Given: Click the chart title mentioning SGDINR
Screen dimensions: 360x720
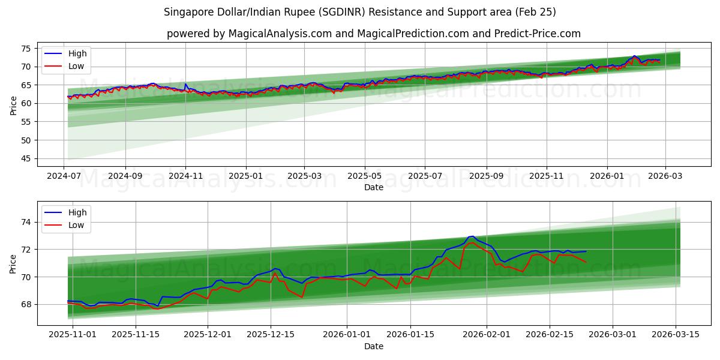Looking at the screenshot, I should point(359,12).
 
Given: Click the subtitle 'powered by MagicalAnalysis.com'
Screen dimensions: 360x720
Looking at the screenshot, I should point(373,34).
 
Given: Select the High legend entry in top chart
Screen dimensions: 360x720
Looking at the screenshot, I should point(77,53).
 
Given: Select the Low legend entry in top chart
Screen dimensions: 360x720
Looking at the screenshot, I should point(76,66).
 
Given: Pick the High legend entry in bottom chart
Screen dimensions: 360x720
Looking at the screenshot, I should point(77,212).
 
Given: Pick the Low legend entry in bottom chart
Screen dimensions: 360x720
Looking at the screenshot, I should point(76,225).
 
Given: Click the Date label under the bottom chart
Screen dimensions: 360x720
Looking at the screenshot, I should point(373,346).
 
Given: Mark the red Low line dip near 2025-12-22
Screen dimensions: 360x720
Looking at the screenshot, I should point(302,297).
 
